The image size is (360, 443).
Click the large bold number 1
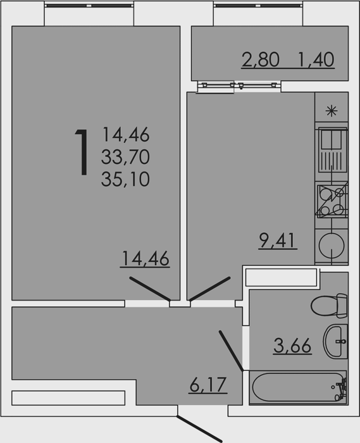click(x=82, y=153)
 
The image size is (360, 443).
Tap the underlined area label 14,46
click(x=145, y=258)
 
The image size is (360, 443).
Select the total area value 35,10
click(x=125, y=179)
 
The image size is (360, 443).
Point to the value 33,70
click(x=125, y=157)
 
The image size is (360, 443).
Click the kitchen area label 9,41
click(x=278, y=240)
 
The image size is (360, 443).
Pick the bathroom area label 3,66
click(x=292, y=346)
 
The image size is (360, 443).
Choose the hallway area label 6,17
click(x=208, y=385)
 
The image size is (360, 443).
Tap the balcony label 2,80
click(x=260, y=59)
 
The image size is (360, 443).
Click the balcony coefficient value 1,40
click(x=316, y=59)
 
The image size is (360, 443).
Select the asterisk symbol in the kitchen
click(x=331, y=111)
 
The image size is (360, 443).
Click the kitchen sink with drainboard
click(x=332, y=150)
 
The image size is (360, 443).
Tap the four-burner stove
click(x=332, y=201)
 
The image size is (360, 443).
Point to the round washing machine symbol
click(x=332, y=246)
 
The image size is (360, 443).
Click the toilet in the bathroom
click(x=329, y=306)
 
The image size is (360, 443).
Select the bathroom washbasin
click(x=335, y=341)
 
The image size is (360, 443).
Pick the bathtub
click(x=299, y=387)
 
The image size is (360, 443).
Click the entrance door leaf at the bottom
click(x=200, y=428)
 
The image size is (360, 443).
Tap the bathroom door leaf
click(x=231, y=351)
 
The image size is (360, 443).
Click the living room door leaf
click(x=150, y=289)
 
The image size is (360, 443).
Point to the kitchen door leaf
click(x=210, y=289)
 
